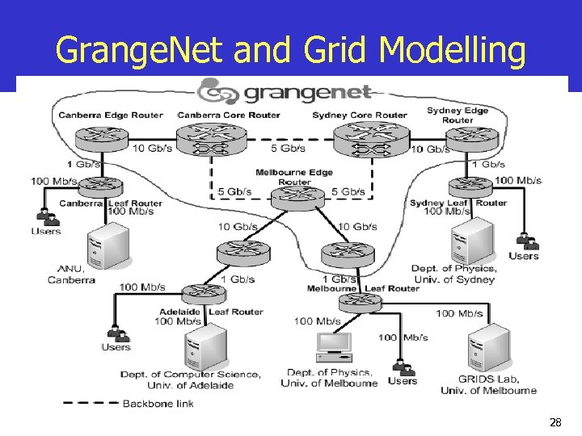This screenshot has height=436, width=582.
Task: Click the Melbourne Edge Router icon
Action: (293, 199)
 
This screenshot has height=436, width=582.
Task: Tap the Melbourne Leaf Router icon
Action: (359, 303)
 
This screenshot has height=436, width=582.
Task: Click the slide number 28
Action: (555, 421)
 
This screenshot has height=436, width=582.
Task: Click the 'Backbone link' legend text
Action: (158, 404)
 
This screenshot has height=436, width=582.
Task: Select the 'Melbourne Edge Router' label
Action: (294, 177)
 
